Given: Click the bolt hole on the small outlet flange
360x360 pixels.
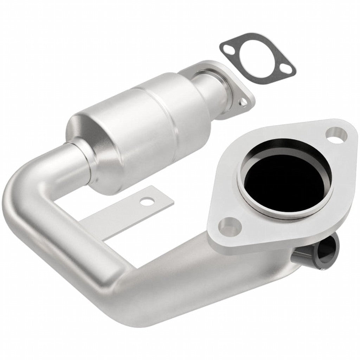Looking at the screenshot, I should coord(242,102).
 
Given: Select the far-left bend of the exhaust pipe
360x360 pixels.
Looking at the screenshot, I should coord(21,197).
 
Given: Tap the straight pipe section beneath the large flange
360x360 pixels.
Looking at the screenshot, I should coord(211,278).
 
